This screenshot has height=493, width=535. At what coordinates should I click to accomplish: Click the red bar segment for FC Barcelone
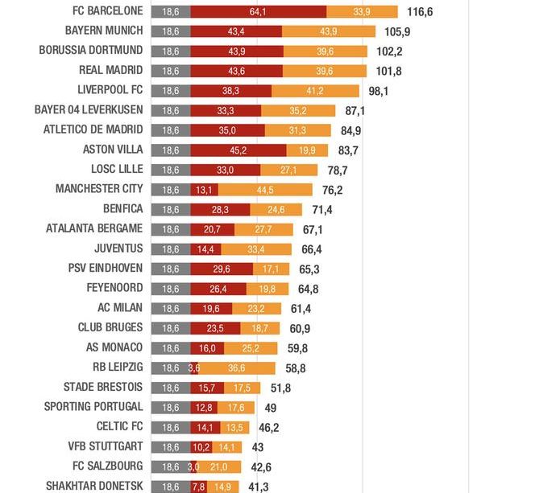pos(259,11)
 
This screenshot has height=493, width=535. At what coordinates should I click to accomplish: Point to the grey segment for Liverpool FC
pos(171,90)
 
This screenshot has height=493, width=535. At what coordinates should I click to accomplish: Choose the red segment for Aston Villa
pos(238,150)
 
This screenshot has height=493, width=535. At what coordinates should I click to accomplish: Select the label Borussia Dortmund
pos(91,50)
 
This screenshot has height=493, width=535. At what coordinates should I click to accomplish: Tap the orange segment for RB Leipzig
pos(237,368)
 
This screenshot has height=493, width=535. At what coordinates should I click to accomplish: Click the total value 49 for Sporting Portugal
pos(271,408)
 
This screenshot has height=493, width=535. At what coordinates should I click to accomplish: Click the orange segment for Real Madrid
pos(325,71)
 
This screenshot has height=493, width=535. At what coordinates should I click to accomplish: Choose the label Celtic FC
pos(119,426)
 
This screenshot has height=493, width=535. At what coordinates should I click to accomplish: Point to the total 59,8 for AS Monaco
pos(297,348)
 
